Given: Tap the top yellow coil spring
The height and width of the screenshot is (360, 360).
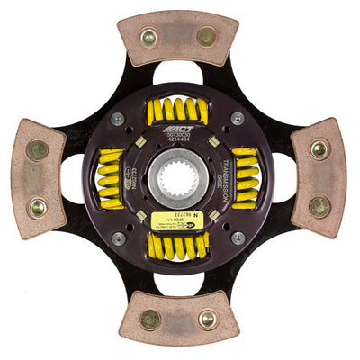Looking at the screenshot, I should (x=177, y=111).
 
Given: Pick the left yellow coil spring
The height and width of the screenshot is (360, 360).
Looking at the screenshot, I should (x=111, y=178).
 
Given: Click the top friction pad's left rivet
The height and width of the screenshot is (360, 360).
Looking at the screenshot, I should (x=149, y=38).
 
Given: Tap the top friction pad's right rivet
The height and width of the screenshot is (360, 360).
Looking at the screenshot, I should (x=206, y=37).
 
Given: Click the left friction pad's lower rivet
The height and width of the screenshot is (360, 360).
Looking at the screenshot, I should (x=38, y=207).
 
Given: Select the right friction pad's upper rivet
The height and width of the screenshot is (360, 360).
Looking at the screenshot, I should (x=319, y=148).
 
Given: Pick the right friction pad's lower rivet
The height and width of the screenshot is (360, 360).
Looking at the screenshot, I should (x=319, y=206).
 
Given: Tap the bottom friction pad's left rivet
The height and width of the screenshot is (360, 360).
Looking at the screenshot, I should (x=150, y=319).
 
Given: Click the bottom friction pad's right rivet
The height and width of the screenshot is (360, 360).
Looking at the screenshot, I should (x=207, y=319).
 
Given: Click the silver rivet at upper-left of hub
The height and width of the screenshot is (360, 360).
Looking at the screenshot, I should (x=118, y=119).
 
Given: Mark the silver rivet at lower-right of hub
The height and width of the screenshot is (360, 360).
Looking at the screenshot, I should (x=238, y=238).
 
